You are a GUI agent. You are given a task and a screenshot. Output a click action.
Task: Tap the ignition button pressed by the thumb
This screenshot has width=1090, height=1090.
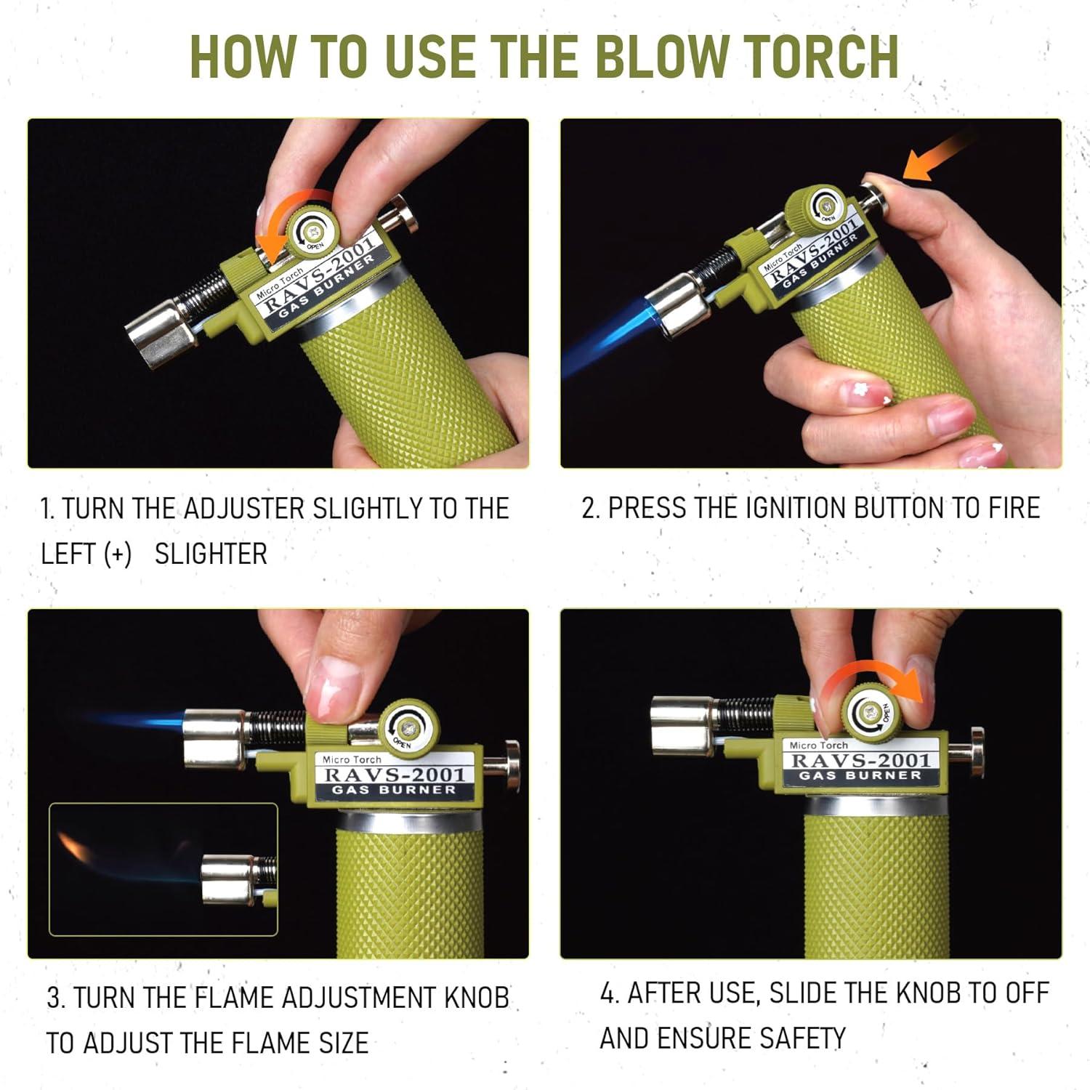[872, 193]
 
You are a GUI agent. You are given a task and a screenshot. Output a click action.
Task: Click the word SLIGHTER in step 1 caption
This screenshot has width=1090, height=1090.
[211, 554]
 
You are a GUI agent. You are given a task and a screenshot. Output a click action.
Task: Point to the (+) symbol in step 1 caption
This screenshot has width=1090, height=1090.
[117, 554]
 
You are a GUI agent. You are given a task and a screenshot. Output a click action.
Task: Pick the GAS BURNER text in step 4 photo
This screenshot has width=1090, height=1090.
[860, 775]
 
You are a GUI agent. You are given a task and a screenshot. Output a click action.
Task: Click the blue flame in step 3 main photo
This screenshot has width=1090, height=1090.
[142, 722]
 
